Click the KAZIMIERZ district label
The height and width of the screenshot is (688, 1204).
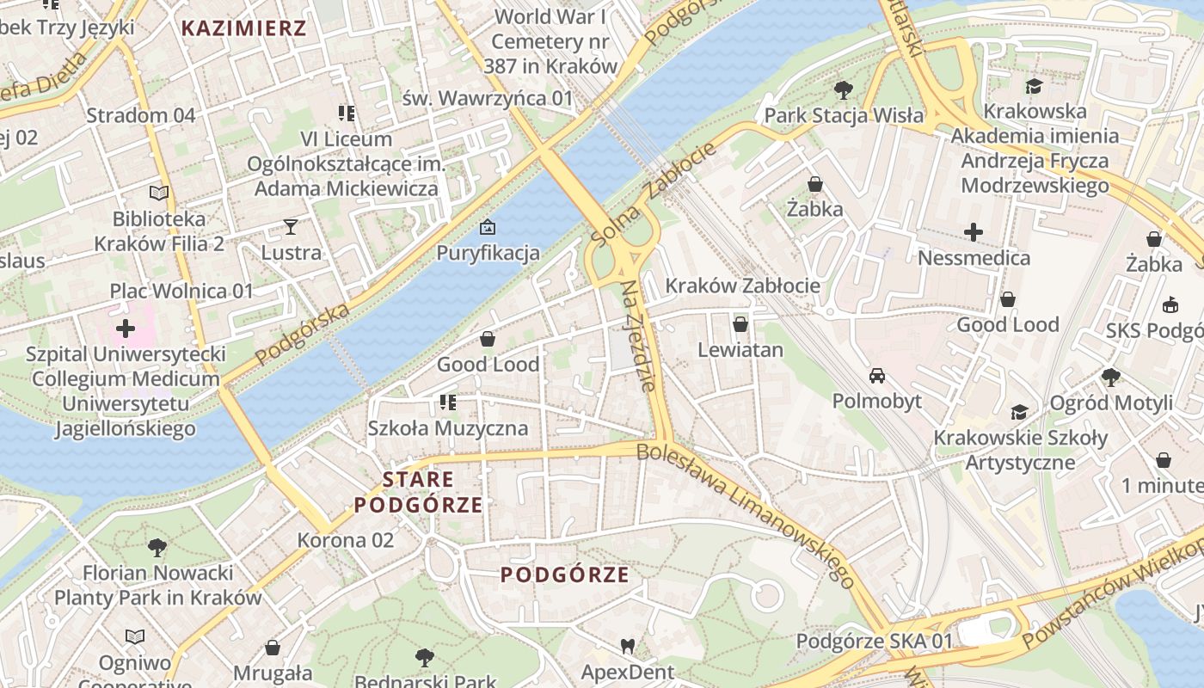[243, 28]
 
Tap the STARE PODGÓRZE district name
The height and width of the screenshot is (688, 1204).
[418, 492]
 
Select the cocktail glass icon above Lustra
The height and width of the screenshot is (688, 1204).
[291, 227]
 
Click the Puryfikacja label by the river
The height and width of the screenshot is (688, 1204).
[488, 252]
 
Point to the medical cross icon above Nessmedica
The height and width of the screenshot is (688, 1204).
[974, 232]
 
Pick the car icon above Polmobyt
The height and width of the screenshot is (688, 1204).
[876, 376]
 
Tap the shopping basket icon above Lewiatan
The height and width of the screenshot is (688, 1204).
[740, 324]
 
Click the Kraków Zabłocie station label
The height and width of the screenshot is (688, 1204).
[742, 285]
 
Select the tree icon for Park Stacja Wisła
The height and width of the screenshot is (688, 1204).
[844, 89]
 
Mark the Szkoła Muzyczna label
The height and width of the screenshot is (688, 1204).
[447, 427]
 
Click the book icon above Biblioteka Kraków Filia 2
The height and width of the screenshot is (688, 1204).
[159, 193]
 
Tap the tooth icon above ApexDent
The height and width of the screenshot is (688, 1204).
[628, 646]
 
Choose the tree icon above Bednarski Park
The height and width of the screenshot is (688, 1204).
[424, 658]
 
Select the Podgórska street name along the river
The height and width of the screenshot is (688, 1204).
[302, 333]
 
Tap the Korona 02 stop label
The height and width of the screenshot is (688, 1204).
[345, 540]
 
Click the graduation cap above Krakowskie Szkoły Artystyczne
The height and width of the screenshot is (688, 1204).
[1020, 413]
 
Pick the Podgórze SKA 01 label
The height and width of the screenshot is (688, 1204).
[874, 641]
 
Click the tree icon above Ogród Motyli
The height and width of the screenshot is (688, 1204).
[1111, 377]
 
